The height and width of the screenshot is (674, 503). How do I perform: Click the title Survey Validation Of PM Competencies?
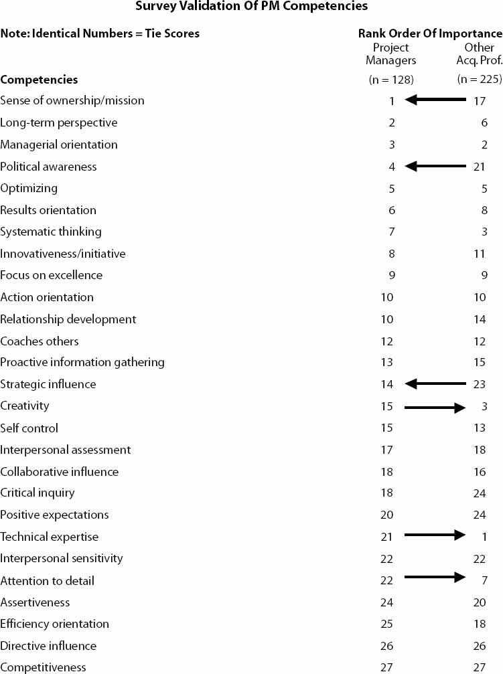[x=252, y=6]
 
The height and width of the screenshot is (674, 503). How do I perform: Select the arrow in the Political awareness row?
[x=435, y=166]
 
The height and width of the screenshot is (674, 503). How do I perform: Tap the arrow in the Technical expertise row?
[x=435, y=535]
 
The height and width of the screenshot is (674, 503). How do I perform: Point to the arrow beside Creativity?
[x=435, y=407]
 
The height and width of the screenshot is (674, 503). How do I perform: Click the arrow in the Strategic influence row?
[x=435, y=384]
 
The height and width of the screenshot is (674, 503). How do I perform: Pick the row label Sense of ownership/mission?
[x=72, y=100]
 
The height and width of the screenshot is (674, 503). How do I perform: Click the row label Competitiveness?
[x=43, y=667]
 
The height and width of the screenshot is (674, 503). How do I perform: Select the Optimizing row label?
[x=29, y=189]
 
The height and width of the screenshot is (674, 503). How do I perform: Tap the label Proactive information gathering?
[x=82, y=362]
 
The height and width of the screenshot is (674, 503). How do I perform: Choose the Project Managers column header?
[x=390, y=54]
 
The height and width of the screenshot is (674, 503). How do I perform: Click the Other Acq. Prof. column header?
[x=480, y=54]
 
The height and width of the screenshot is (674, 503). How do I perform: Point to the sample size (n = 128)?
[x=391, y=80]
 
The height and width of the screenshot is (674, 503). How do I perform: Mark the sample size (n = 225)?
[x=480, y=79]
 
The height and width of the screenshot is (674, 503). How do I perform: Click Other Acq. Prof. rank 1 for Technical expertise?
[x=484, y=537]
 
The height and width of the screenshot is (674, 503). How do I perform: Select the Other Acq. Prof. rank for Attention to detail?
[x=484, y=581]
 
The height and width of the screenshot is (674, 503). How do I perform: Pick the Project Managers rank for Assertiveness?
[x=386, y=602]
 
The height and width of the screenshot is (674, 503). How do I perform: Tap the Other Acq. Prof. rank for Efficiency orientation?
[x=480, y=624]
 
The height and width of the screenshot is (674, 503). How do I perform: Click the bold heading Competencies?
[x=39, y=80]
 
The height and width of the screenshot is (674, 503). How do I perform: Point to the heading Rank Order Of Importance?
[x=430, y=33]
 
